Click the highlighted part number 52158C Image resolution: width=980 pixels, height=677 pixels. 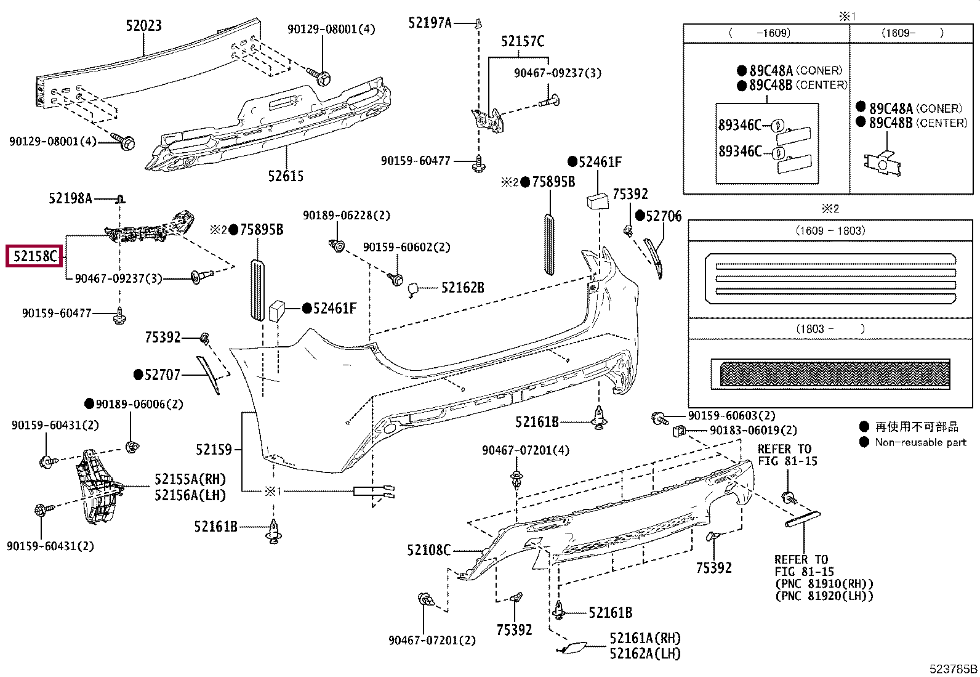pyautogui.click(x=35, y=256)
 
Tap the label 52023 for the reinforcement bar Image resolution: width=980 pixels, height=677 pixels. pyautogui.click(x=143, y=25)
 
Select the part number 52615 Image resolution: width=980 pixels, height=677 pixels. pyautogui.click(x=286, y=176)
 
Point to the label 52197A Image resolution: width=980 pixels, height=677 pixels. pyautogui.click(x=430, y=23)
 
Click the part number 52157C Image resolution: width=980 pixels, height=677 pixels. pyautogui.click(x=523, y=41)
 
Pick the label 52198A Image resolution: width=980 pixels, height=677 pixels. pyautogui.click(x=70, y=198)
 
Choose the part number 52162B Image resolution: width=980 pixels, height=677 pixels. pyautogui.click(x=463, y=288)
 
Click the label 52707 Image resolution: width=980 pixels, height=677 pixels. pyautogui.click(x=163, y=375)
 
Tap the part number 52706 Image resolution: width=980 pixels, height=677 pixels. pyautogui.click(x=664, y=216)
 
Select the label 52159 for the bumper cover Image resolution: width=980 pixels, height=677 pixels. pyautogui.click(x=214, y=449)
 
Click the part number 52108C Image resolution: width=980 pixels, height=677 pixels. pyautogui.click(x=428, y=550)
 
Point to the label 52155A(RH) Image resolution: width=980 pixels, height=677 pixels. pyautogui.click(x=190, y=479)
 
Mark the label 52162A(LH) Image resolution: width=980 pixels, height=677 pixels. pyautogui.click(x=645, y=654)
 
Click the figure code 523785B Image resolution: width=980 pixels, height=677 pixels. pyautogui.click(x=953, y=668)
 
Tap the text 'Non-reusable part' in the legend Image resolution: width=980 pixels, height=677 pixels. pyautogui.click(x=920, y=442)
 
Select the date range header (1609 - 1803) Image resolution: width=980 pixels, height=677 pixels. pyautogui.click(x=830, y=231)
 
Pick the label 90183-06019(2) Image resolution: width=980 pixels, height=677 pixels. pyautogui.click(x=753, y=431)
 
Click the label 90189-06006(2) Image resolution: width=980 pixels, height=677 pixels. pyautogui.click(x=139, y=404)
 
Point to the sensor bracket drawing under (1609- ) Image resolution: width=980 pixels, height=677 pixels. pyautogui.click(x=883, y=164)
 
